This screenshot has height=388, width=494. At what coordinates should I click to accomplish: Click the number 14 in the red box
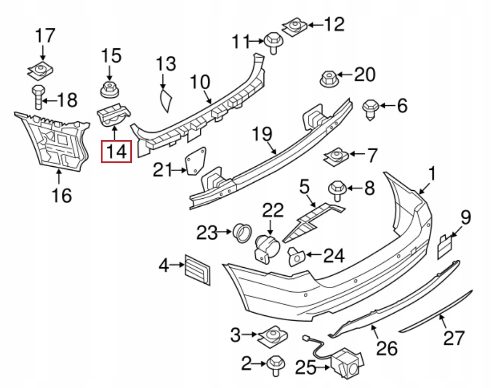(x=116, y=151)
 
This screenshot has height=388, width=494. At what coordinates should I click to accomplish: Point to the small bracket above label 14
(x=114, y=114)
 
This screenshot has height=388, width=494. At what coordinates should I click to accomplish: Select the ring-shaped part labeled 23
(x=242, y=232)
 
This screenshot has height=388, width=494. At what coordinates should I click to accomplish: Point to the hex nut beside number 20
(x=328, y=78)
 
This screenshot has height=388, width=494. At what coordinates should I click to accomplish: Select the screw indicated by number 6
(x=370, y=108)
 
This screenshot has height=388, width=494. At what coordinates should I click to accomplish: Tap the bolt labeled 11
(x=272, y=42)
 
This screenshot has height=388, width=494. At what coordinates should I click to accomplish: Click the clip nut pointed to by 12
(x=294, y=26)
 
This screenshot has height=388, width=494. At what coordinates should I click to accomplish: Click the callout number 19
(x=262, y=134)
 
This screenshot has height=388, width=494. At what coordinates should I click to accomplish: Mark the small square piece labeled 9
(x=445, y=245)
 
